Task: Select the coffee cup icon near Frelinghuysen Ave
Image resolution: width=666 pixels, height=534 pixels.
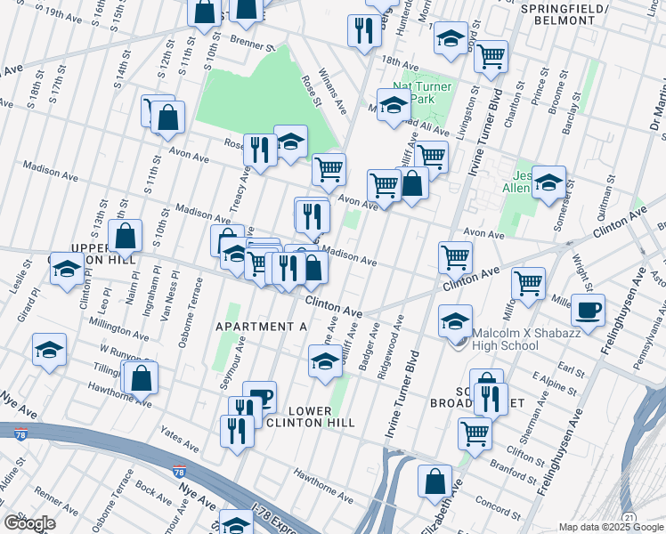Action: click(588, 311)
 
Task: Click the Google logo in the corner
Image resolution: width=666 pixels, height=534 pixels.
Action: click(29, 522)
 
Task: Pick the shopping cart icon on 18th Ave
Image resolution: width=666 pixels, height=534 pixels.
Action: click(490, 56)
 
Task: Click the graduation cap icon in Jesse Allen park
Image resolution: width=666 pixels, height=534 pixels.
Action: click(548, 182)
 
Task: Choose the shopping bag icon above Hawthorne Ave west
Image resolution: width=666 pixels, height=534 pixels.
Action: click(142, 377)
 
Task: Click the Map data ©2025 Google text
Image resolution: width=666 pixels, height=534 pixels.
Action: click(611, 527)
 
